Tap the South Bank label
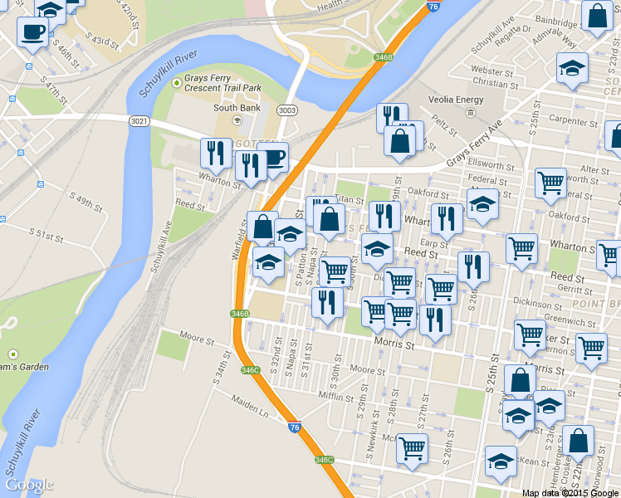pos(237,108)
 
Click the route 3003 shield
pos(287,110)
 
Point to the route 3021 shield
pos(139,121)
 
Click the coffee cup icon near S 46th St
pos(33,33)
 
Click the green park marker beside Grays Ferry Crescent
pos(176,83)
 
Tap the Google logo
pos(29,485)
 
